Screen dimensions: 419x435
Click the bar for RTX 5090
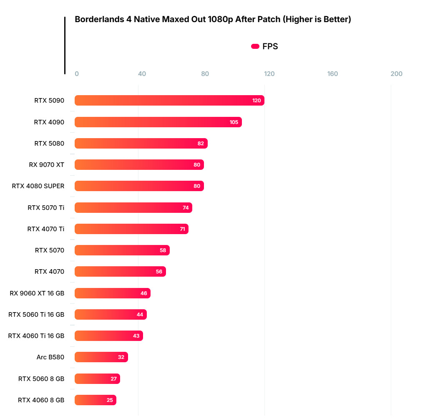point(169,101)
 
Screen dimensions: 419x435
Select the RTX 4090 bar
point(158,122)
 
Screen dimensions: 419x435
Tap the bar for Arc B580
point(101,357)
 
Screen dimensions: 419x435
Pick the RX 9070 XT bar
point(139,165)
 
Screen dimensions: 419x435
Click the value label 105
point(234,122)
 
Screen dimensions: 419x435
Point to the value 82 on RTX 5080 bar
point(201,144)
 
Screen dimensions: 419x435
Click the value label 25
point(110,400)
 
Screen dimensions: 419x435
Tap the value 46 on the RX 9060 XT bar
point(144,293)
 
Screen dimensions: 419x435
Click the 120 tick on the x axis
point(269,74)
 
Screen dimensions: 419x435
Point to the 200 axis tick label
point(396,74)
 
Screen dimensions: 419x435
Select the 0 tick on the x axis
point(77,74)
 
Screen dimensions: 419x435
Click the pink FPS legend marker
point(255,46)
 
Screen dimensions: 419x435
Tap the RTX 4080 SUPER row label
point(38,186)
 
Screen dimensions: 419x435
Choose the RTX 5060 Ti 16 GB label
point(36,314)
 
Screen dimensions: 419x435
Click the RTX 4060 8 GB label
point(41,400)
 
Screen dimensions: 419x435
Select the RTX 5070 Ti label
point(46,207)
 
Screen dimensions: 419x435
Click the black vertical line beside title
point(65,45)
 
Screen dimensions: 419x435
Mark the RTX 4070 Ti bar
point(131,229)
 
